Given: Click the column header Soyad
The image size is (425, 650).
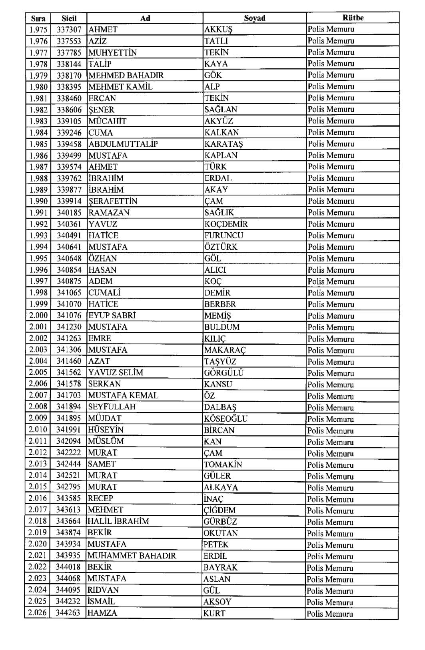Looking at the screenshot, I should click(x=254, y=18).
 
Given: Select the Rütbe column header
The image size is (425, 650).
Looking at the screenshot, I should click(x=353, y=18).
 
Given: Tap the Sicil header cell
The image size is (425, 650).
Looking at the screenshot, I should click(x=69, y=18).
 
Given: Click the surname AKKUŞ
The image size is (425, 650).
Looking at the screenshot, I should click(x=218, y=30).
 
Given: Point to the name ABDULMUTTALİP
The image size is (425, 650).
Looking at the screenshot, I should click(x=123, y=144).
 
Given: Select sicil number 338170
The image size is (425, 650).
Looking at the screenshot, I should click(x=69, y=75).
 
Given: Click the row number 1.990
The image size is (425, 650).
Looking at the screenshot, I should click(x=38, y=201).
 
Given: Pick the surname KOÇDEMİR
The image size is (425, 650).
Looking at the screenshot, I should click(x=226, y=224).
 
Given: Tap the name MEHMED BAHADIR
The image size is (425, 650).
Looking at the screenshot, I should click(x=126, y=75).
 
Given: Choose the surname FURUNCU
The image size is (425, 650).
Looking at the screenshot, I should click(x=223, y=235).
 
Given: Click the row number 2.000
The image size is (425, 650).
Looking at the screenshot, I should click(x=38, y=315).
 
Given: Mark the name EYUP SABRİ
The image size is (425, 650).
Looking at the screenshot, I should click(x=112, y=315).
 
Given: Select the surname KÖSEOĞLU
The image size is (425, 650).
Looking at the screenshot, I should click(x=225, y=419).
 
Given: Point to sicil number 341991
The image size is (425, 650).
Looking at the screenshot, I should click(x=68, y=430).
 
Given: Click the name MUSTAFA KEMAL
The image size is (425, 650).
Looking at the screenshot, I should click(x=123, y=395).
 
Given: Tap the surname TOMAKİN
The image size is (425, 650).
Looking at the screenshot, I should click(x=223, y=465).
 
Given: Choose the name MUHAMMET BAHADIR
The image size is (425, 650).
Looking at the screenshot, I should click(x=132, y=556).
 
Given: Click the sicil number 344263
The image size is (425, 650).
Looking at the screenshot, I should click(x=68, y=613).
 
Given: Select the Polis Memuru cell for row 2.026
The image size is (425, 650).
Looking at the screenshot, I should click(x=330, y=614).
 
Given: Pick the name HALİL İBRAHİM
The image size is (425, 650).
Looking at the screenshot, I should click(x=118, y=521).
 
